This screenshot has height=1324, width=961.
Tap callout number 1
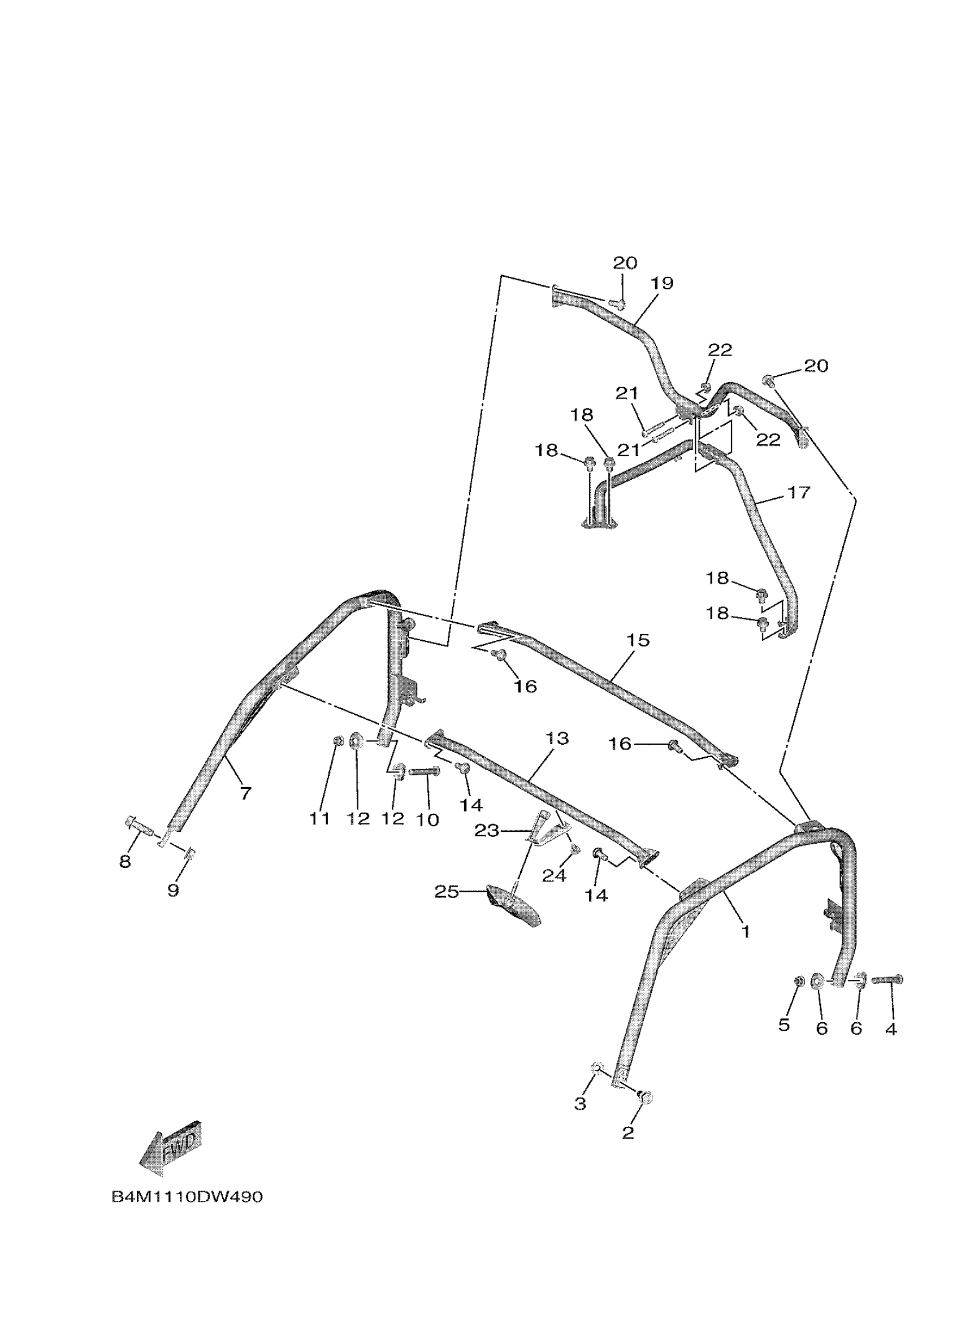(745, 932)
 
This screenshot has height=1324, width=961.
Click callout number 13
(556, 739)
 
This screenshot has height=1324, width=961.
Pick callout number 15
(638, 640)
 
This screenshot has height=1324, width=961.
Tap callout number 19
(661, 283)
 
